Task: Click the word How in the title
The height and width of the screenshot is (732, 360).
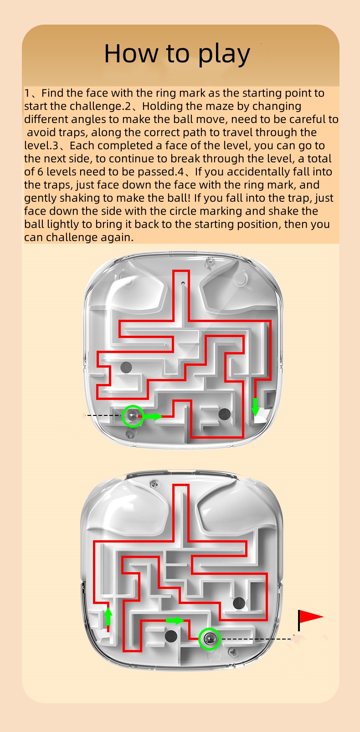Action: (x=131, y=53)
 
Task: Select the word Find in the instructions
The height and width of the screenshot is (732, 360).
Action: (x=52, y=93)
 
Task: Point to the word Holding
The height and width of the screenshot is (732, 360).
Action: (x=163, y=107)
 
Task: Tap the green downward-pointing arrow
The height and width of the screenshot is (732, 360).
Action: (x=255, y=406)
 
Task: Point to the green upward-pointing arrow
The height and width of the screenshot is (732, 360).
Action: (x=108, y=615)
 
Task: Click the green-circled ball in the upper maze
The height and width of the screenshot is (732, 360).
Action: (x=133, y=416)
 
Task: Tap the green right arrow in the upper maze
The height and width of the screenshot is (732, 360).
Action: (x=153, y=416)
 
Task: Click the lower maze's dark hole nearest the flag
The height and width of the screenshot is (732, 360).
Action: (x=239, y=602)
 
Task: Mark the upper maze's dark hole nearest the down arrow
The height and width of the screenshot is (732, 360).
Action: (x=224, y=414)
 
